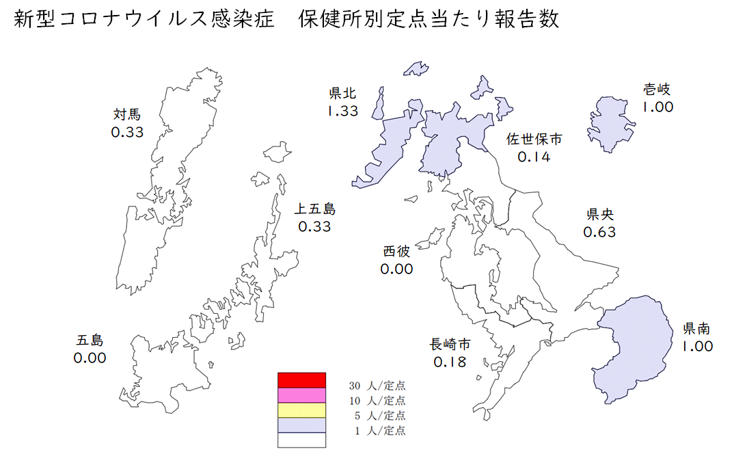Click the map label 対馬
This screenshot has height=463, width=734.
point(128,114)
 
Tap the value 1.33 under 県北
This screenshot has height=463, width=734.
point(342,111)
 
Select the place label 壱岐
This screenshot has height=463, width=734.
point(657,89)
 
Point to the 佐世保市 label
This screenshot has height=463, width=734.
point(534,140)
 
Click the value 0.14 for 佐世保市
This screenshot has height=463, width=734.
point(534,157)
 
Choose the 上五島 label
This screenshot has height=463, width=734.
point(314,209)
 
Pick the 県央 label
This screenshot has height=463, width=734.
point(599,214)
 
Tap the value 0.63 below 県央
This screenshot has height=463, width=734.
point(599,232)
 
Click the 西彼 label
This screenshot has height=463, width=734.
point(397,251)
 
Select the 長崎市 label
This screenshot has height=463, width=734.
point(450,343)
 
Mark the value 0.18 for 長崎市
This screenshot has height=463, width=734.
point(450,361)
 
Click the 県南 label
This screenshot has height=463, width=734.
point(696,329)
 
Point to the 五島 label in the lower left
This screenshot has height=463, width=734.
point(90,340)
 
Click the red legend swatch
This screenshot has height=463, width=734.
point(301,380)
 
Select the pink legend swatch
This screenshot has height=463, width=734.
point(301,395)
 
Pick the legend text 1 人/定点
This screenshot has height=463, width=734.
point(380,431)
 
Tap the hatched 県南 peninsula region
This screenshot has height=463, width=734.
point(632,342)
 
